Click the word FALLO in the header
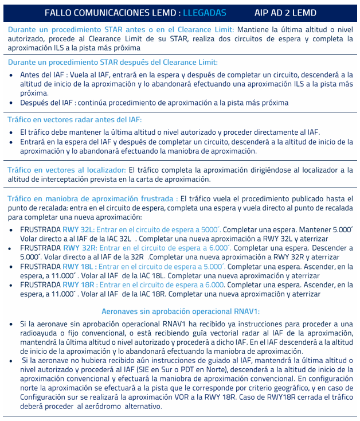[x=57, y=12]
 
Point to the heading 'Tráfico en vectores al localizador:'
[x=66, y=170]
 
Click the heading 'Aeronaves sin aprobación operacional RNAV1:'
[x=181, y=311]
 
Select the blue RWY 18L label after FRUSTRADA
[x=77, y=266]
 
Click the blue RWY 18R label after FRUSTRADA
[x=79, y=284]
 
